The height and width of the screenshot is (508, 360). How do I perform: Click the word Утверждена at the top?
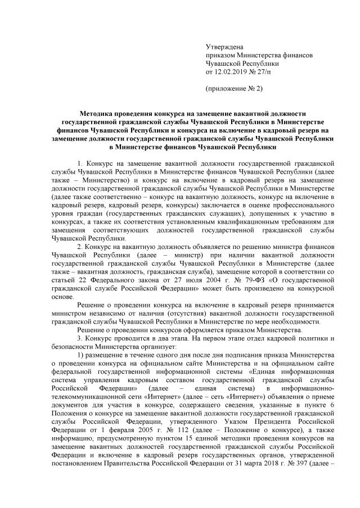click(225, 48)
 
